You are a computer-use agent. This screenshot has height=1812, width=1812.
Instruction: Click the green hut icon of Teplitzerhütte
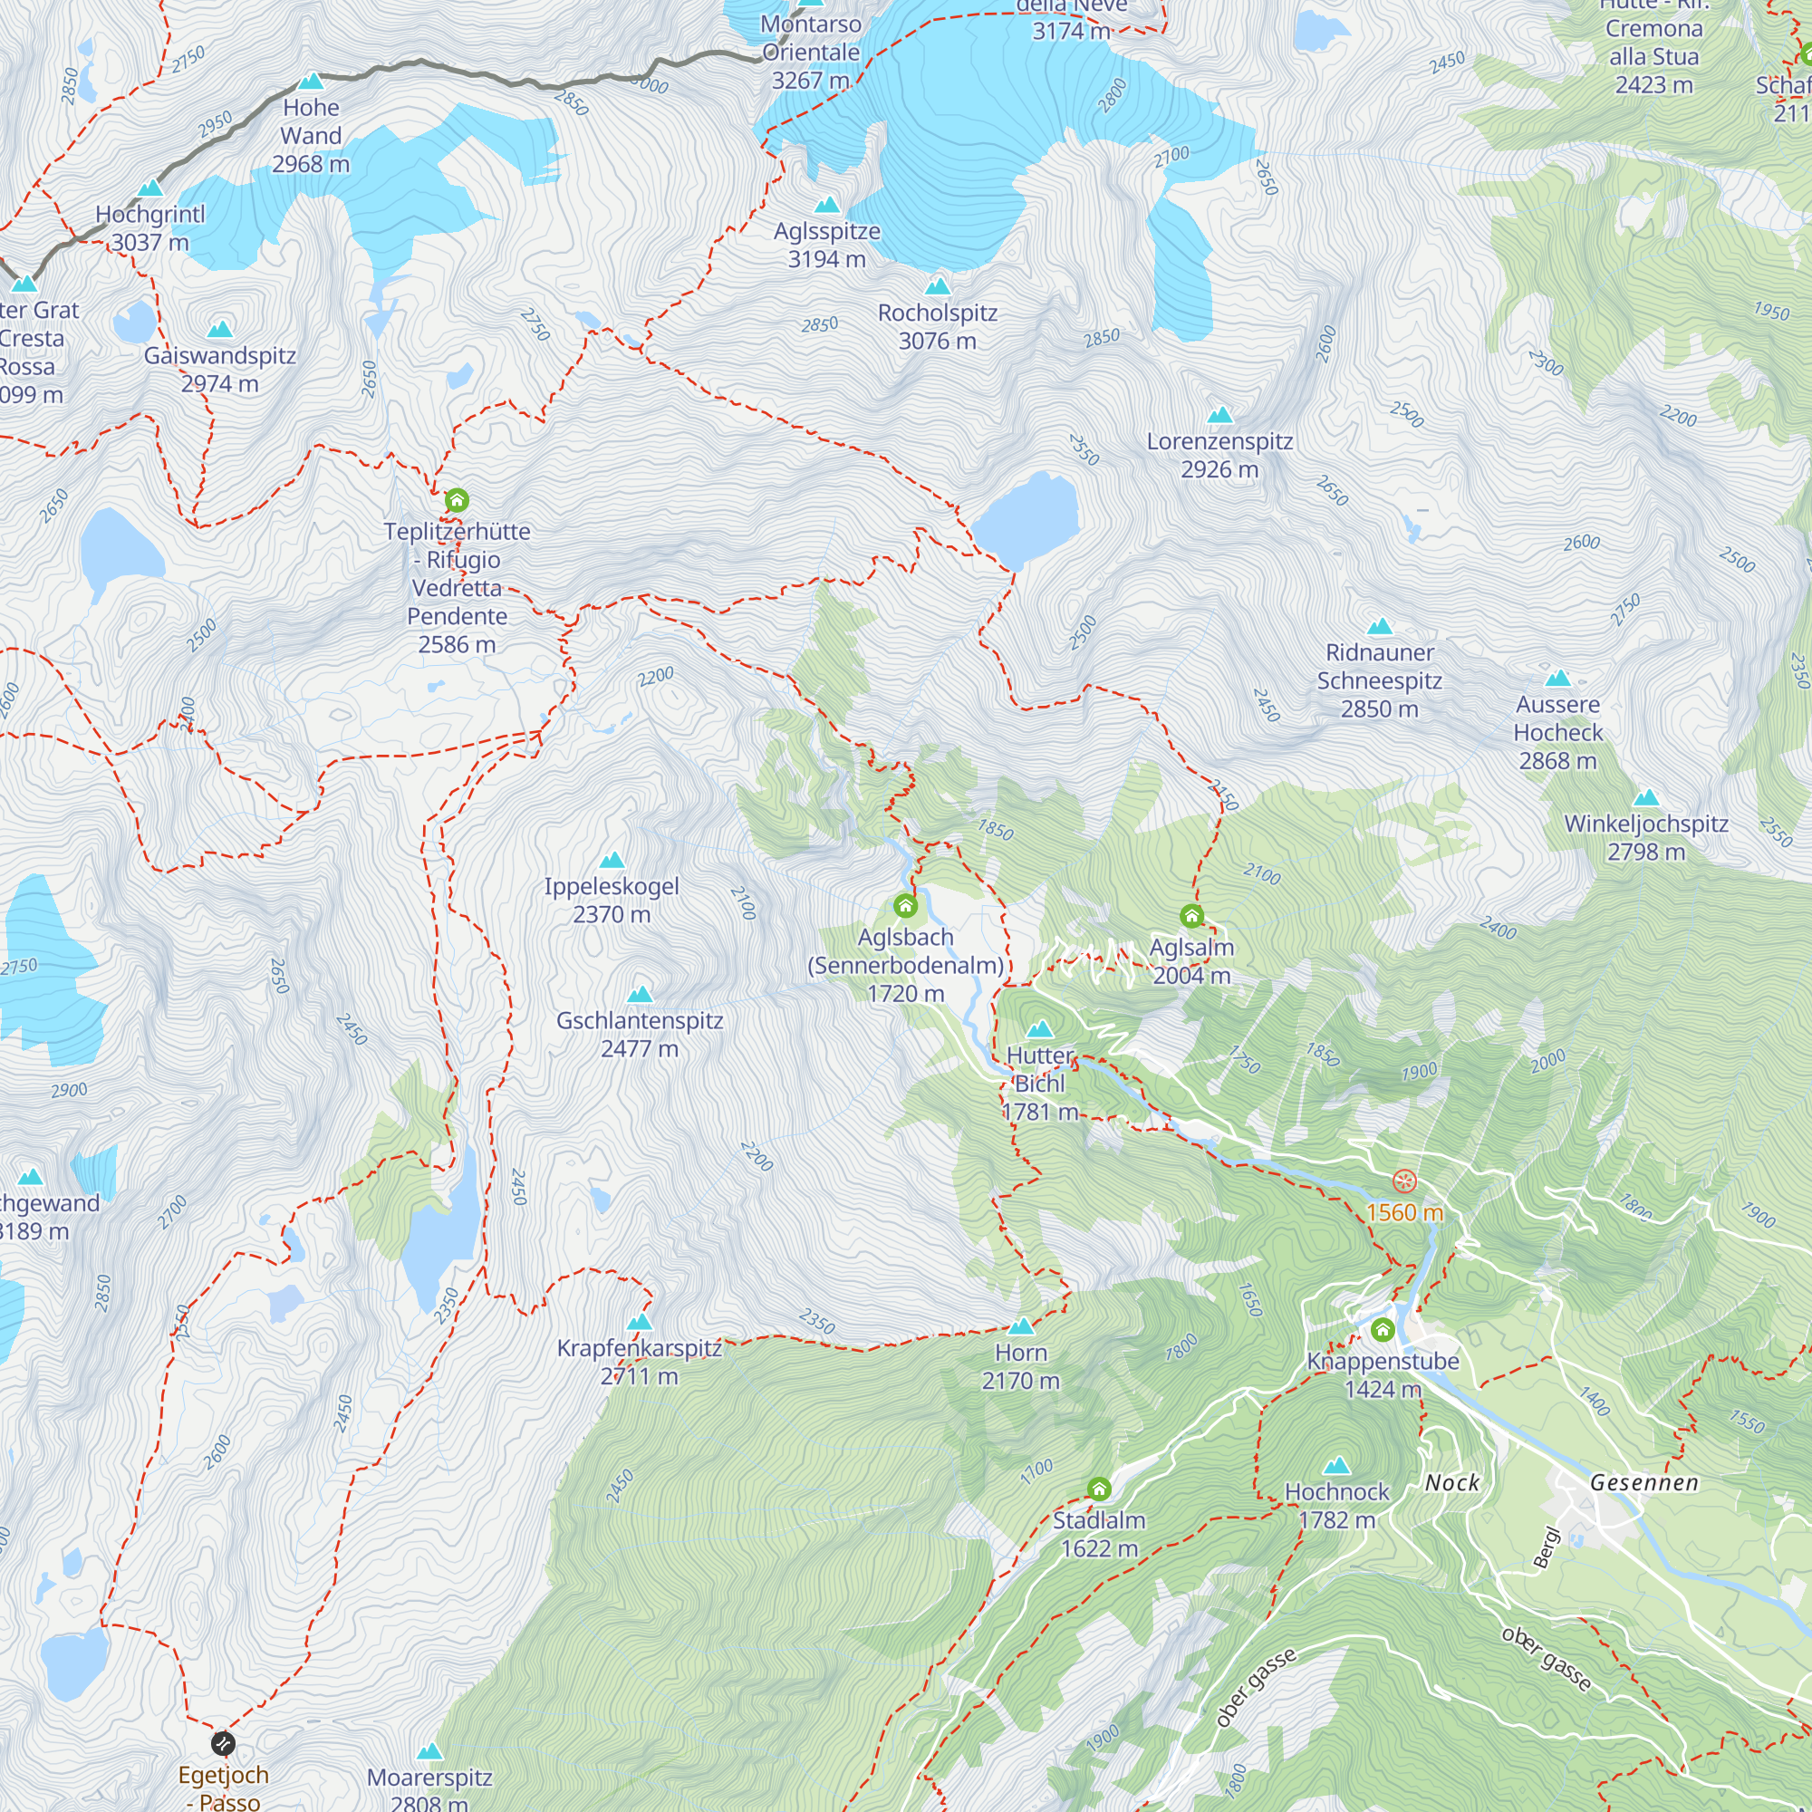point(457,500)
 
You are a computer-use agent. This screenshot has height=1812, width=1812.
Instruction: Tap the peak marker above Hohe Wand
point(311,82)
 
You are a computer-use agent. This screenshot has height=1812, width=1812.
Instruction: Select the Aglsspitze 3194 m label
point(826,245)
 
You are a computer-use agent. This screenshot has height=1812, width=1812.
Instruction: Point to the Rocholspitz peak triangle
point(938,286)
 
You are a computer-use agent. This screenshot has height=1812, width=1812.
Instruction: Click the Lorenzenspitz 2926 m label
point(1219,455)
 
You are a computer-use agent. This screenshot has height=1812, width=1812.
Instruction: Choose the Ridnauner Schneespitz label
point(1379,680)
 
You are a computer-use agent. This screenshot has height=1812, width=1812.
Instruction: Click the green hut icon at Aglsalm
point(1191,915)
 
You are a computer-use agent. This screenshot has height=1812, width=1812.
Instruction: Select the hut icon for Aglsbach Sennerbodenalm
point(905,905)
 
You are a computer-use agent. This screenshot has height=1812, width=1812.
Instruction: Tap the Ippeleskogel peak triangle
point(612,860)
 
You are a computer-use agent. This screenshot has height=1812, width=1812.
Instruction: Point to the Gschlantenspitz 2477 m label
point(640,1034)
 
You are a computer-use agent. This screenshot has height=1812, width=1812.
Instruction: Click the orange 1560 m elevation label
point(1404,1213)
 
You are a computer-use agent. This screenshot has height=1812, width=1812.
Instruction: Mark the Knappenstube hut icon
point(1383,1329)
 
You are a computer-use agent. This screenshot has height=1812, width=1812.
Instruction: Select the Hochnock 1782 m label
point(1336,1505)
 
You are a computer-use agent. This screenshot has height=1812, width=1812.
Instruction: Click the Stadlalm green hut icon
point(1099,1489)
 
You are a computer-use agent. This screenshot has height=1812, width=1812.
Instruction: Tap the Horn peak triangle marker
point(1020,1326)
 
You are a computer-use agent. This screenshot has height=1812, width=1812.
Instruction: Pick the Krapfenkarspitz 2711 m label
point(640,1361)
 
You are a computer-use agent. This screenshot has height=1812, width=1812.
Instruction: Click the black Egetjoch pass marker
point(223,1743)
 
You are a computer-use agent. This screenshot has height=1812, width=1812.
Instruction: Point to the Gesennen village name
point(1644,1483)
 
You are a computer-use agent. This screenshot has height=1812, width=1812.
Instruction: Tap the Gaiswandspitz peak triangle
point(219,329)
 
